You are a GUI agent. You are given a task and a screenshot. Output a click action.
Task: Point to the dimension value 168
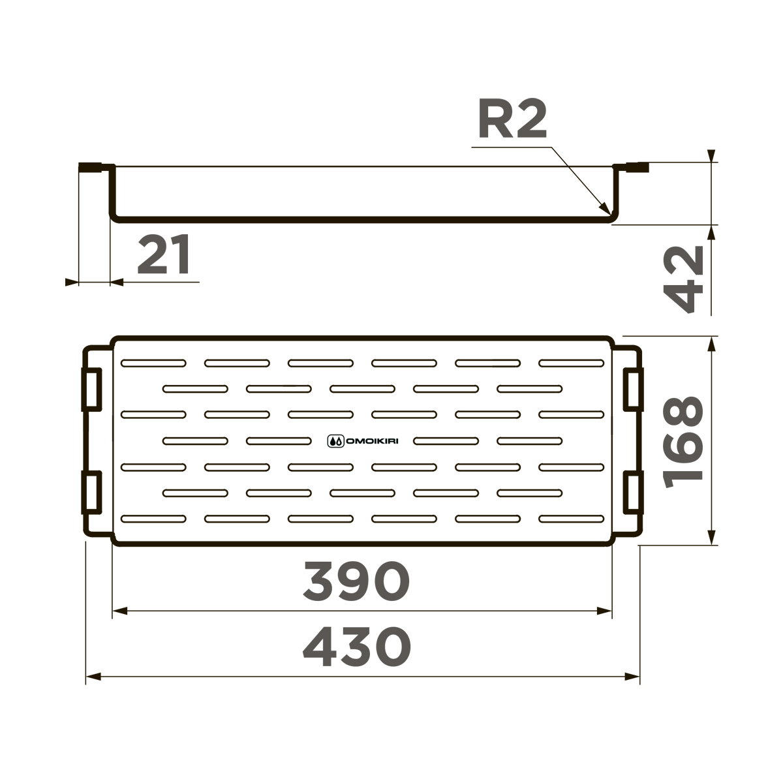(684, 442)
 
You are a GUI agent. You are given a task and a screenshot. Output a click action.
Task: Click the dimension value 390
(356, 581)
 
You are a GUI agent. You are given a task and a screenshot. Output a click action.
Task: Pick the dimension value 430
(358, 647)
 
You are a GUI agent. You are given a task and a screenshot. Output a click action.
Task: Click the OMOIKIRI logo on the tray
(363, 441)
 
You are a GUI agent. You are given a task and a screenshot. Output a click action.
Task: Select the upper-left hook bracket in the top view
(91, 390)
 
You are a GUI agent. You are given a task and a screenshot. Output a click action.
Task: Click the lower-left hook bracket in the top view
(91, 491)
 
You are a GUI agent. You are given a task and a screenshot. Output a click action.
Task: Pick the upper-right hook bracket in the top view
(632, 390)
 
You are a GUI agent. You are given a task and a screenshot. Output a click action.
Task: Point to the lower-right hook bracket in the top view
(632, 491)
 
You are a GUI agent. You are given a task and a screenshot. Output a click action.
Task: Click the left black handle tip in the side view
(89, 167)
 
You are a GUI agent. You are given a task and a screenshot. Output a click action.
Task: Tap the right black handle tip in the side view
(639, 168)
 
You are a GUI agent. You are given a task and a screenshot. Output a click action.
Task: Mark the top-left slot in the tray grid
(154, 363)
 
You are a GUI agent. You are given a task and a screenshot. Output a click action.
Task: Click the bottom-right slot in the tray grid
(572, 519)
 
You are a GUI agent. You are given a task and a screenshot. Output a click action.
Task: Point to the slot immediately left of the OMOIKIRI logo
(279, 441)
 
